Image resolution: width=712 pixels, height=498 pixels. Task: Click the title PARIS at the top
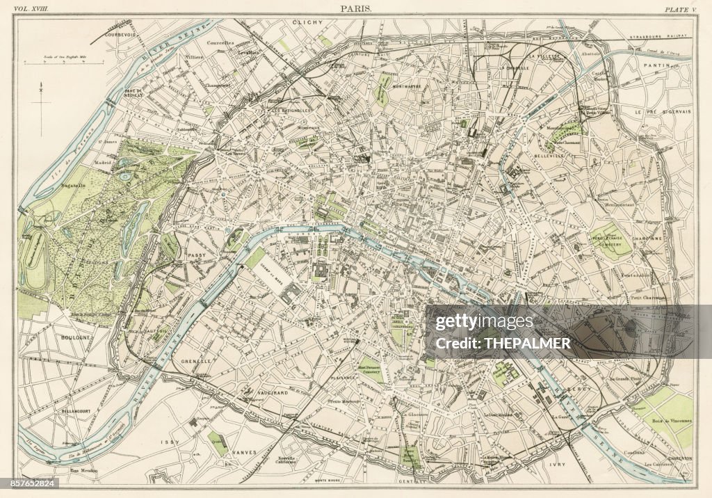point(356,8)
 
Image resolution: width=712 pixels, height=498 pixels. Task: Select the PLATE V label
point(679,8)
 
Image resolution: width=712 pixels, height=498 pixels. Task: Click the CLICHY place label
point(309,22)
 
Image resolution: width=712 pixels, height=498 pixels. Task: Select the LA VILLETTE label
point(544,56)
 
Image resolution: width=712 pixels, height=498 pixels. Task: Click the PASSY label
point(196,255)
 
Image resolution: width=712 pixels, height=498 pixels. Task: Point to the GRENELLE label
point(193,362)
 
